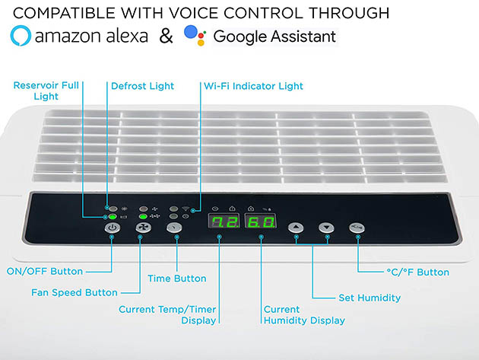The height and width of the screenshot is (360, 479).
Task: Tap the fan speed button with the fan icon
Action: [143, 228]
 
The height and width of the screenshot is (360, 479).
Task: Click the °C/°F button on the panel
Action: [356, 228]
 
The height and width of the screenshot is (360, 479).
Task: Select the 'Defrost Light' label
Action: [142, 86]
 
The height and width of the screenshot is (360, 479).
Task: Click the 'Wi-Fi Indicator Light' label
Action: [253, 86]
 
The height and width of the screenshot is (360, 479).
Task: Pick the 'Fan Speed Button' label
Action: [74, 292]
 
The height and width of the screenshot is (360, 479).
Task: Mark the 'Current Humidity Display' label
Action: [303, 315]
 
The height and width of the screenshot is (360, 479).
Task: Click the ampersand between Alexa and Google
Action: [166, 36]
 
